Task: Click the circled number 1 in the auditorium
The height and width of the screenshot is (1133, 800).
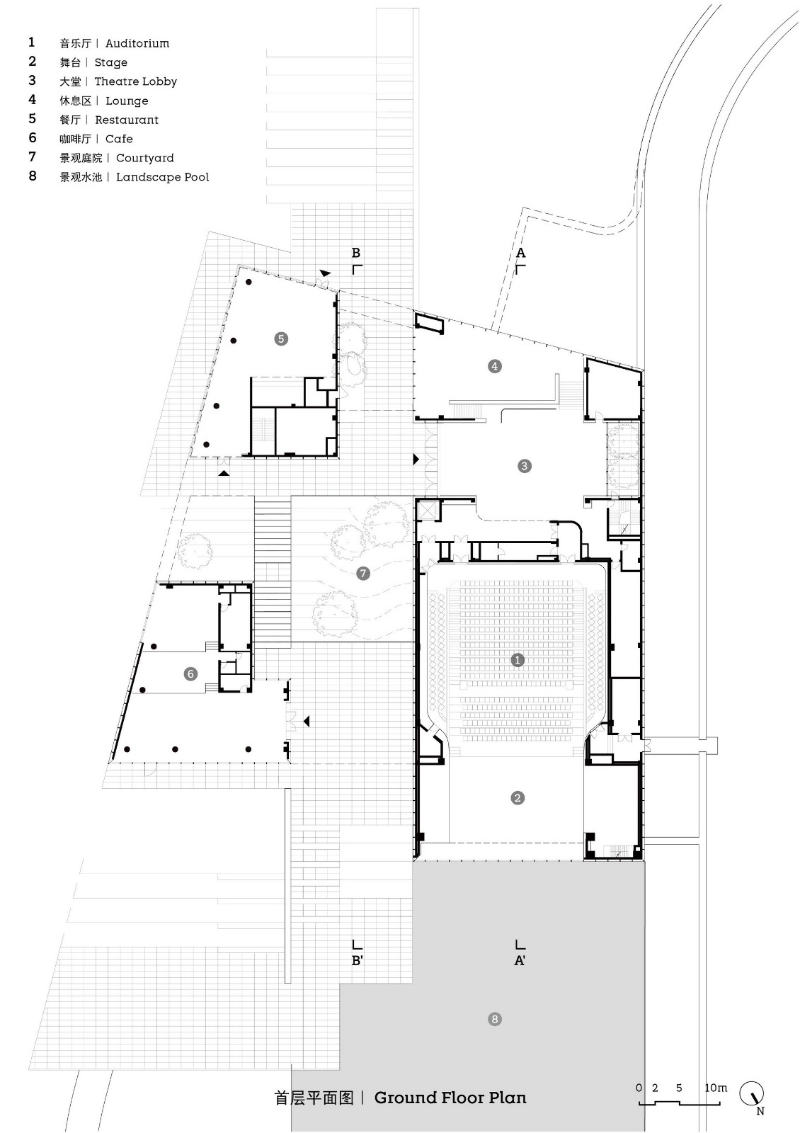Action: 518,660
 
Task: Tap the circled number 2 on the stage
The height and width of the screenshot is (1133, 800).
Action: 518,798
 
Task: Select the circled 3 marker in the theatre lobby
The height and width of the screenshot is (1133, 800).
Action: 525,466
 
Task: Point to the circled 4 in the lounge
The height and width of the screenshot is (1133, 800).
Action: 495,366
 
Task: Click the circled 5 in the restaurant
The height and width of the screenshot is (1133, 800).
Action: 281,338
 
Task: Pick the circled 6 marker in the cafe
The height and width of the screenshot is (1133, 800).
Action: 190,674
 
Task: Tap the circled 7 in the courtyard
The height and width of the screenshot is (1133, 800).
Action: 364,573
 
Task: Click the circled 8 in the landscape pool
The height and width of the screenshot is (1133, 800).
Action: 495,1019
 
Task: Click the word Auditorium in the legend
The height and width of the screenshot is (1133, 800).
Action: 137,43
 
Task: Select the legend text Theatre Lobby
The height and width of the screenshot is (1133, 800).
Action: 136,81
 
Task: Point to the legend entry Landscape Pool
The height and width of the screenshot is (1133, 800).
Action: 162,177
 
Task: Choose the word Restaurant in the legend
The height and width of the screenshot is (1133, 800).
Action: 127,120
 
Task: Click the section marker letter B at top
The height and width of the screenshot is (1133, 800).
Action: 356,253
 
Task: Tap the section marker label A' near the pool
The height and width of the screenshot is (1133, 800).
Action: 520,961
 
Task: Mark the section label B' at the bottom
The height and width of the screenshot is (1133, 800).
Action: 358,961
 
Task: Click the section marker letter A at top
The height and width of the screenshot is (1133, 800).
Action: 521,253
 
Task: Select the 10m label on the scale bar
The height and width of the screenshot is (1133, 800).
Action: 715,1088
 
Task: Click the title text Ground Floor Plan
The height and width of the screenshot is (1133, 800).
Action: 450,1098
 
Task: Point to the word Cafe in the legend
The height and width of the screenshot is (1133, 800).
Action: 119,139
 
